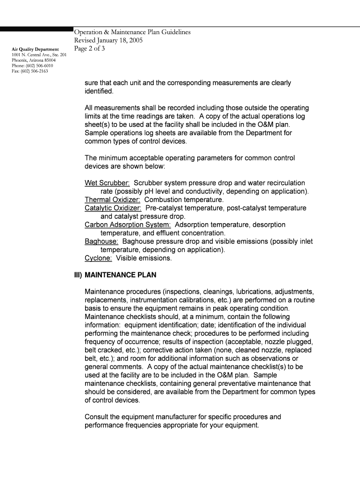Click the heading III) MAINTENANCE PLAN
(x=121, y=275)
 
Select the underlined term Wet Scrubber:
(x=107, y=183)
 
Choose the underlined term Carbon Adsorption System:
(x=128, y=225)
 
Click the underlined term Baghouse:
(x=101, y=242)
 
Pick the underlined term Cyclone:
(x=98, y=258)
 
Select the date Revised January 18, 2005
(x=108, y=40)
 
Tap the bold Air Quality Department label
(x=36, y=49)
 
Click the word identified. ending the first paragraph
(x=99, y=91)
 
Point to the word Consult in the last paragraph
(x=96, y=417)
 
